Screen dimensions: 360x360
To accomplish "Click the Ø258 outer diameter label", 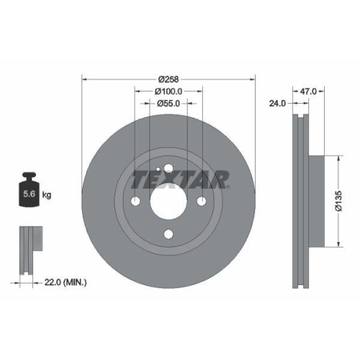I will (x=169, y=78).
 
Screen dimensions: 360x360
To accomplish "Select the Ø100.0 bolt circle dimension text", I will (x=169, y=91).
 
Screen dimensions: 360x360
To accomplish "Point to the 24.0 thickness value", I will (x=277, y=103).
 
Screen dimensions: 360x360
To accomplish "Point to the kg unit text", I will (x=47, y=194).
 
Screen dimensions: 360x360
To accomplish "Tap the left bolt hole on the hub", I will (x=136, y=200).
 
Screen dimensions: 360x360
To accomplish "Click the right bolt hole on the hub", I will (x=202, y=200).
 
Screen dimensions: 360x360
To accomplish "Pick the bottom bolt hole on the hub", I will (x=168, y=233).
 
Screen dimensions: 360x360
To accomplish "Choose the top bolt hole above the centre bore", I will (x=168, y=168).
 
